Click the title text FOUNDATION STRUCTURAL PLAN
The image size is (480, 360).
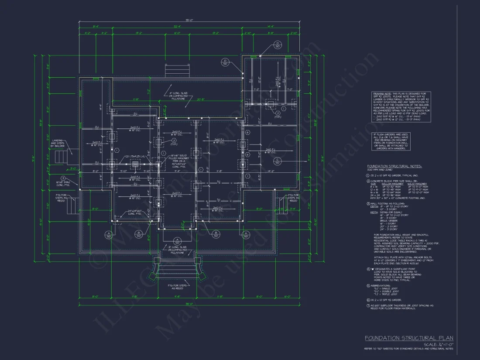tap(409, 338)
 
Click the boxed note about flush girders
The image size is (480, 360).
tap(391, 141)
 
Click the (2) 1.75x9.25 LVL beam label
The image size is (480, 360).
tap(135, 156)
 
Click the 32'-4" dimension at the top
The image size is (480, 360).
tap(177, 27)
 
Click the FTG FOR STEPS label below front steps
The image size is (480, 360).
tap(178, 286)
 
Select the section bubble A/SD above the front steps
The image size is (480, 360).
tap(177, 241)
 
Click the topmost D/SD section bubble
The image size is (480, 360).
tap(277, 45)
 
